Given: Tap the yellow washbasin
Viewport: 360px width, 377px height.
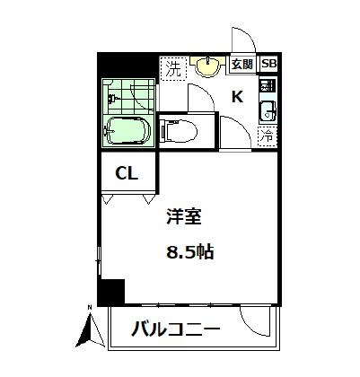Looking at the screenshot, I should pos(208,66).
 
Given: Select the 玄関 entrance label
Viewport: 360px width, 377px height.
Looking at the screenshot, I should pos(241,65).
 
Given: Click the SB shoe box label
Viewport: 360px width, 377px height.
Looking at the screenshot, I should pos(268,65).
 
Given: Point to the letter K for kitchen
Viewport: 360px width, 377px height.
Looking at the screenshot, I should pos(238,97).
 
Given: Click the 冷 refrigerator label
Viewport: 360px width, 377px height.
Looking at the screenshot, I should pos(268,136).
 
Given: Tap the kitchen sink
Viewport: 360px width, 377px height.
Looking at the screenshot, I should pos(268,112).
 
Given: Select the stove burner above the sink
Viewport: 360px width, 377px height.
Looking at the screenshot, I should pos(268,87).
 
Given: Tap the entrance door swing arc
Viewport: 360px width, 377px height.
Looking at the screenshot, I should pos(242,40).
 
